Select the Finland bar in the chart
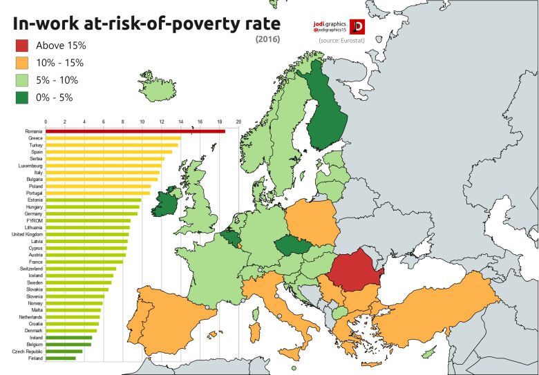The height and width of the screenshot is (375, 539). click(61, 358)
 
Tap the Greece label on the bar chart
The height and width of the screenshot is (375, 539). click(35, 138)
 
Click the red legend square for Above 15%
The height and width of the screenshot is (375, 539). click(22, 46)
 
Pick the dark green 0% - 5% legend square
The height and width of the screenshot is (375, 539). click(22, 97)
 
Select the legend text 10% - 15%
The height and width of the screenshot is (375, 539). click(60, 63)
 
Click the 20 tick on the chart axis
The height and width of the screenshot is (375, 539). click(238, 122)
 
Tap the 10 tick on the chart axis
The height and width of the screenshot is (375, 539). click(142, 122)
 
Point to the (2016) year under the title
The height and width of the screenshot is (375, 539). click(266, 40)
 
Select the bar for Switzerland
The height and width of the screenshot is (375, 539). click(81, 269)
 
